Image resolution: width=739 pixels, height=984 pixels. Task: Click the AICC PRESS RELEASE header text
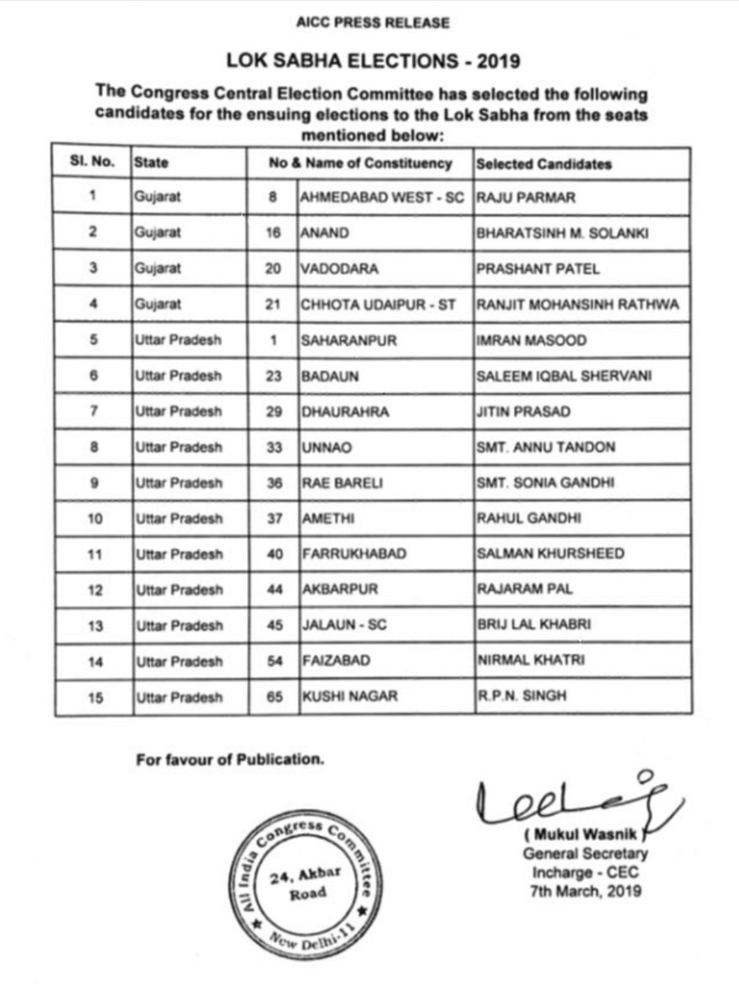click(373, 22)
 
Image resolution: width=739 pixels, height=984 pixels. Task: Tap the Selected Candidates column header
click(543, 163)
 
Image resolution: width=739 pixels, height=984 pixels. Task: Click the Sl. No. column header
click(92, 162)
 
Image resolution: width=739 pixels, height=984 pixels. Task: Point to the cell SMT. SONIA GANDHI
click(533, 482)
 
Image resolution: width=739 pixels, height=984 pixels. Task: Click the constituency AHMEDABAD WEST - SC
click(382, 197)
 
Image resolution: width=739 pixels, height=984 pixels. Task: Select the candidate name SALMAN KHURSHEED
click(550, 553)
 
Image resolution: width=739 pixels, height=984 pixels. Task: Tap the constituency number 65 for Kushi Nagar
click(274, 697)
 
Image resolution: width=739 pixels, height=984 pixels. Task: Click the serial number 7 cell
click(92, 411)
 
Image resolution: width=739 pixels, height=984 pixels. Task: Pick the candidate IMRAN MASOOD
click(530, 340)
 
